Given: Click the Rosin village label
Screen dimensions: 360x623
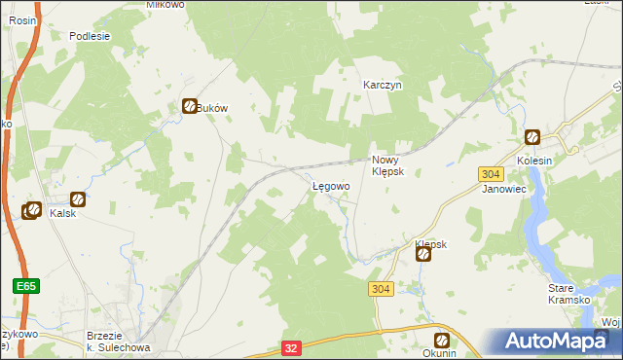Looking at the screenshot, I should [21, 19].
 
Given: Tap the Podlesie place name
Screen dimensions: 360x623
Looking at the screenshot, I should [90, 35].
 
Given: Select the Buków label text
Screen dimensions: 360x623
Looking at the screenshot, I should [212, 108].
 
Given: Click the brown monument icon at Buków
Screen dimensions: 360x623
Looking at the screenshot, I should [190, 107].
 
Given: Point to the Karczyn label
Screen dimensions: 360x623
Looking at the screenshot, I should [383, 85].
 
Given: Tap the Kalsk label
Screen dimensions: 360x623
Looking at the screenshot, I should [63, 213].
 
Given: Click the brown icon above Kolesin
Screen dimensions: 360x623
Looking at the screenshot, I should [532, 138].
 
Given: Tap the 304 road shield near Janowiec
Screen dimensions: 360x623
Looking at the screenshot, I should [491, 173].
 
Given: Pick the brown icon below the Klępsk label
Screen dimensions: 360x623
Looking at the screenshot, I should [424, 255].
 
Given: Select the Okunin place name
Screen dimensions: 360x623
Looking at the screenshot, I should [440, 353].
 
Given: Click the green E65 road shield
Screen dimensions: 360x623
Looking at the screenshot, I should [26, 286].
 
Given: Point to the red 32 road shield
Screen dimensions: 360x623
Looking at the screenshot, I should [291, 346].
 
